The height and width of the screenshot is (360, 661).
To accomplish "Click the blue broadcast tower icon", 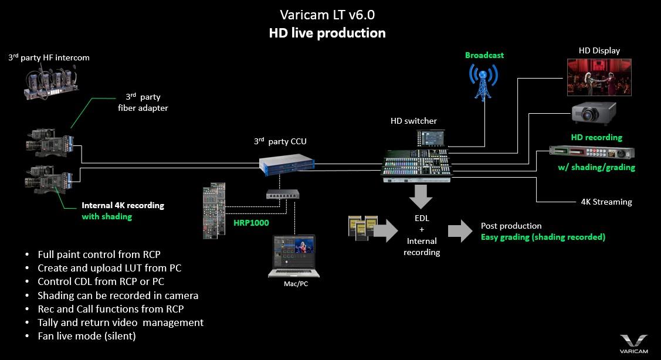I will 483,81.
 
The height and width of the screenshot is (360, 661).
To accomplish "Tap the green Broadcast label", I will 484,55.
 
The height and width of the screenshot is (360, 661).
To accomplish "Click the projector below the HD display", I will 594,115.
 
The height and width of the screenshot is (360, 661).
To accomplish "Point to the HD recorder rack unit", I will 591,152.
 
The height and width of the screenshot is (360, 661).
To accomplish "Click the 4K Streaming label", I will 602,202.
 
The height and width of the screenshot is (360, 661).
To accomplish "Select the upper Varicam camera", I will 50,142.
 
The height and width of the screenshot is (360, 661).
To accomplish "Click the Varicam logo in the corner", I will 633,344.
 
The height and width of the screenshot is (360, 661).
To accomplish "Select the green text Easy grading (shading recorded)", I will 543,237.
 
